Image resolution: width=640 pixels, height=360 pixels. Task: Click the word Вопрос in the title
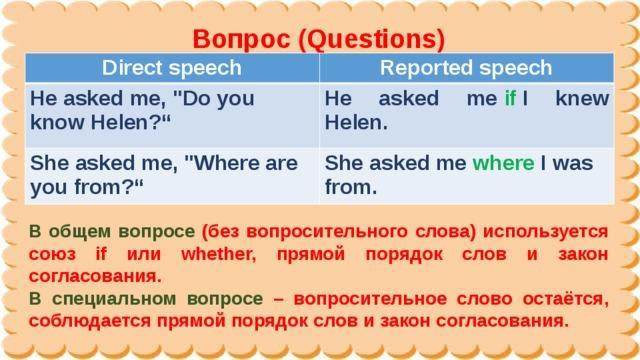[x=241, y=39]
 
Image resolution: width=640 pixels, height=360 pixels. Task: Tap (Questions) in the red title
[x=372, y=40]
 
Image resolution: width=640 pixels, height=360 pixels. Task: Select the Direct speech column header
[x=171, y=68]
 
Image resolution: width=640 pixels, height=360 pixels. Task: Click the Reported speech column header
[x=466, y=68]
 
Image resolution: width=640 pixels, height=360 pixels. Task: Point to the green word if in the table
[x=510, y=98]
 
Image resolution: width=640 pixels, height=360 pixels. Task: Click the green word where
[x=503, y=163]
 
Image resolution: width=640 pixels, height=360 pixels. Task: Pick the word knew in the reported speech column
[x=582, y=98]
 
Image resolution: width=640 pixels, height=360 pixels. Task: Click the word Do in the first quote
[x=191, y=98]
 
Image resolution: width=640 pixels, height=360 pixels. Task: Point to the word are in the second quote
[x=281, y=163]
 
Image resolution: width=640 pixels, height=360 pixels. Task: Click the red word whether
[x=218, y=254]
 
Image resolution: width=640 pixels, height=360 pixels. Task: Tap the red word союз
[x=52, y=254]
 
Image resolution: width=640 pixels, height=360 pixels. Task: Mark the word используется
[x=546, y=232]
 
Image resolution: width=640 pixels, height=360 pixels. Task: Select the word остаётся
[x=566, y=299]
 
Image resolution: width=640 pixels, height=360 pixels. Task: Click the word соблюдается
[x=90, y=321]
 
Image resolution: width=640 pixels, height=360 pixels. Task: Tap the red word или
[x=144, y=254]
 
